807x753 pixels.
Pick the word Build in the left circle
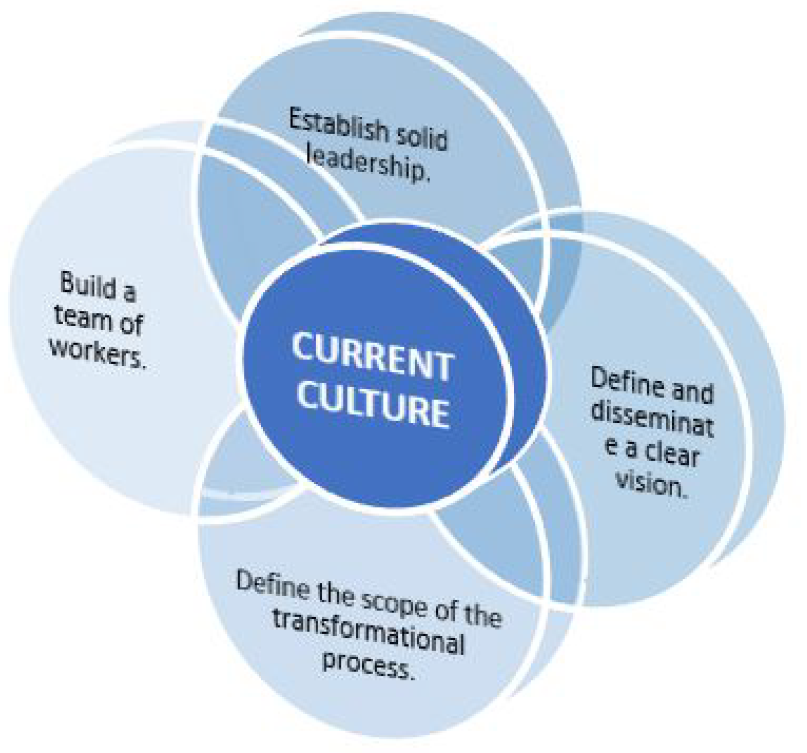click(88, 284)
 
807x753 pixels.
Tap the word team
click(83, 317)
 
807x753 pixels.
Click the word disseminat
click(653, 419)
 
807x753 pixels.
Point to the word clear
click(672, 454)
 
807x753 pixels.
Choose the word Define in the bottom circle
click(272, 585)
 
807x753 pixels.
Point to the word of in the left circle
click(131, 324)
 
